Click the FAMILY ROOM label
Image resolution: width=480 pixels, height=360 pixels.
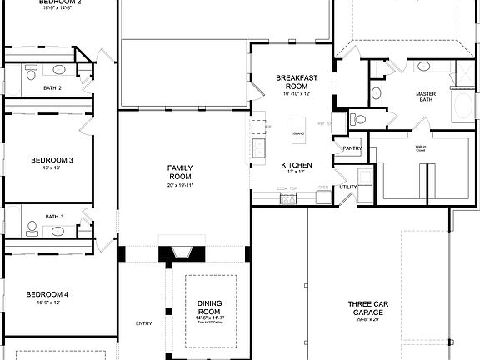[x=180, y=172]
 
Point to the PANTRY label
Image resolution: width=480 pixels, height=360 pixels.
[x=351, y=148]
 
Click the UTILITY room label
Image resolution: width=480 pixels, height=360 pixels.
[x=348, y=187]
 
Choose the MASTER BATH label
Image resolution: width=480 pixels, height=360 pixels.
[x=426, y=98]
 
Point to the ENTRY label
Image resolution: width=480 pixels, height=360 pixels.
[x=143, y=323]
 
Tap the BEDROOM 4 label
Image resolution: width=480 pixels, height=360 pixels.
[x=47, y=294]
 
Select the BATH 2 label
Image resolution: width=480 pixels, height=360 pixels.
[x=54, y=87]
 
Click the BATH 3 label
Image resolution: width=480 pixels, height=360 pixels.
[x=54, y=217]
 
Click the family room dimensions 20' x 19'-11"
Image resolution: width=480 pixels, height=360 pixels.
[x=180, y=185]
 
